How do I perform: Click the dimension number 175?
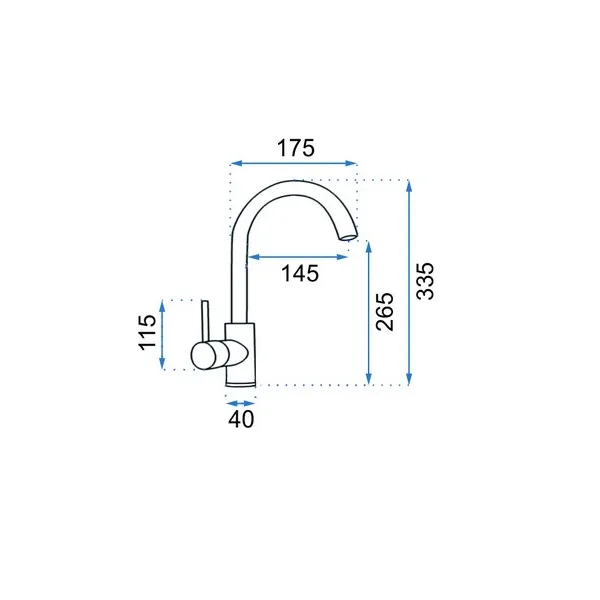click(296, 148)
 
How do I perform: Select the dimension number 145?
click(300, 274)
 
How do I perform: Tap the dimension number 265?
click(385, 311)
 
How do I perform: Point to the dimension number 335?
click(426, 281)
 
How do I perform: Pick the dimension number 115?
click(148, 332)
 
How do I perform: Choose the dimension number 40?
click(241, 419)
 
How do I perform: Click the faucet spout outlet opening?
click(349, 238)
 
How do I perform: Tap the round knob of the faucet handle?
click(204, 356)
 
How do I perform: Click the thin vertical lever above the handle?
click(206, 321)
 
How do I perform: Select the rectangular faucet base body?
click(240, 355)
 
